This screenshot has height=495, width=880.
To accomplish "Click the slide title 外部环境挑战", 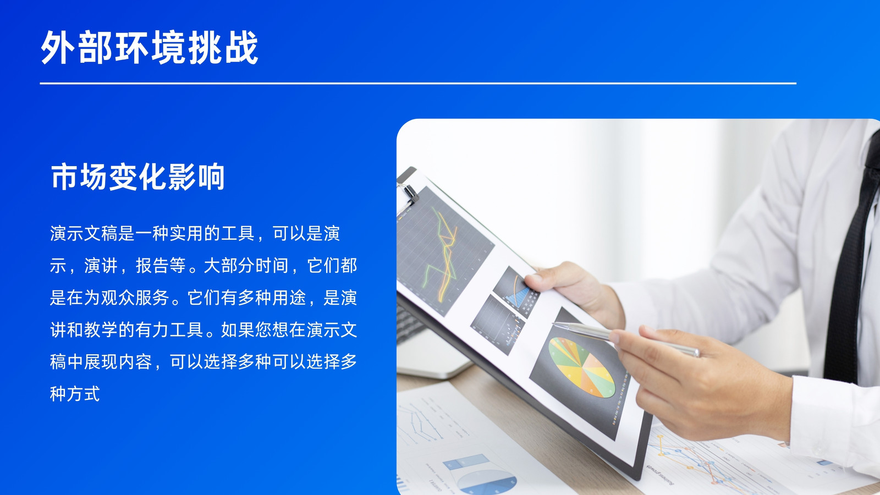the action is pos(149,47).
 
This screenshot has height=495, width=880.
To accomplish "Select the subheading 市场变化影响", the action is pos(137,177).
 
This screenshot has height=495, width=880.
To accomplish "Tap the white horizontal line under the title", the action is pos(418,83).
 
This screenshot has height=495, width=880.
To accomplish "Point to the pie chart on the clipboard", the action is pos(581,367).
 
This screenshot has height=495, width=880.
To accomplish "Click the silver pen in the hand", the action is pos(626,339).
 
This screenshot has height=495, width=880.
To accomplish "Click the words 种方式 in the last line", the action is pos(75,394).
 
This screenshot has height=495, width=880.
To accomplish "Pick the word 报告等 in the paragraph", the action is pos(161,266).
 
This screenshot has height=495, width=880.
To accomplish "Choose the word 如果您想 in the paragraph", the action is pos(255,329).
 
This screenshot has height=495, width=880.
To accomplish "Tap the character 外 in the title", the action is pos(58,47).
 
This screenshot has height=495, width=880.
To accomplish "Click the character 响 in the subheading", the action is pos(211,177).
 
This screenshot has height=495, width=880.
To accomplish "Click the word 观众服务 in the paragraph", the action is pos(135,298).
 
